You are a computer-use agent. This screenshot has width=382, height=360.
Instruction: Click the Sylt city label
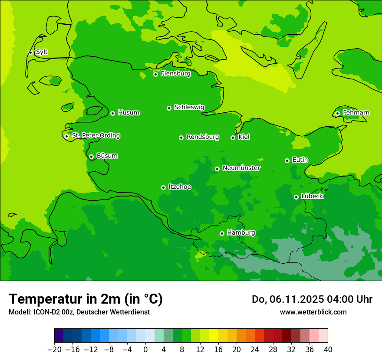tap(42, 52)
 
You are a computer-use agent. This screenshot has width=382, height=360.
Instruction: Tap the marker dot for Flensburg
tap(155, 74)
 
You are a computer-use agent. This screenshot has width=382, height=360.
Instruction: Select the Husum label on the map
tap(128, 113)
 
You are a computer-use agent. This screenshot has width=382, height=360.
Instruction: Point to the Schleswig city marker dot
tap(169, 108)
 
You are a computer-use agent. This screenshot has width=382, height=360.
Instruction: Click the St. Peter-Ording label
tap(95, 136)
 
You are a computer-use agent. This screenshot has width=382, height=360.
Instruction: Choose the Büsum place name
tap(107, 156)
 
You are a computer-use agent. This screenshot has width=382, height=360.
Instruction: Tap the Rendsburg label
tap(203, 137)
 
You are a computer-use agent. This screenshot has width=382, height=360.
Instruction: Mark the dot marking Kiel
tap(233, 137)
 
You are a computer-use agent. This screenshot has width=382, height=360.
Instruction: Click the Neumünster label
tap(241, 168)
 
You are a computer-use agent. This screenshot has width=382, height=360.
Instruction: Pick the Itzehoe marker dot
tap(163, 187)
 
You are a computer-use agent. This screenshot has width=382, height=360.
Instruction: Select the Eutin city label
tap(300, 160)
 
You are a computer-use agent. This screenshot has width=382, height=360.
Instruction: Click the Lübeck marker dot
tap(296, 197)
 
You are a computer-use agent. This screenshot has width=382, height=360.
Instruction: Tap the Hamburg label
tap(241, 233)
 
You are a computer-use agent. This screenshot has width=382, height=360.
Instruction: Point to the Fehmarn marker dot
tap(337, 113)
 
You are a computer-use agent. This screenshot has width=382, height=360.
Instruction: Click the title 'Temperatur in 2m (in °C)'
tap(86, 299)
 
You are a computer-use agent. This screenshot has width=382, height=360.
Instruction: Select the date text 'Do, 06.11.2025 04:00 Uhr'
tap(312, 299)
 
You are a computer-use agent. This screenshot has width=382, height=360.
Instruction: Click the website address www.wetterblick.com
tap(313, 312)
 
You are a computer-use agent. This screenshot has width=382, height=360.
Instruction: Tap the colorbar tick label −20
tap(55, 350)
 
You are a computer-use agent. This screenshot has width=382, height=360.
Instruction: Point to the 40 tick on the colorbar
tap(328, 350)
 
